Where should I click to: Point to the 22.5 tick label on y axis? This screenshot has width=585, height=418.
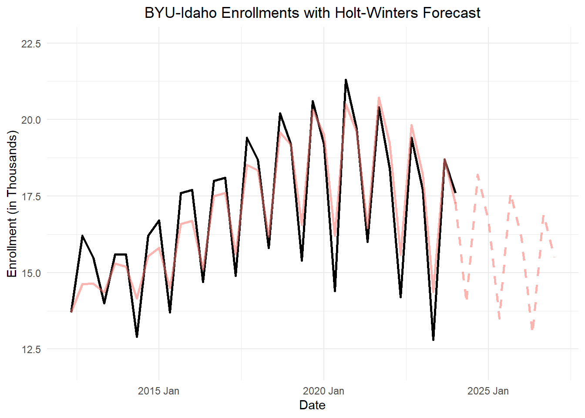point(31,44)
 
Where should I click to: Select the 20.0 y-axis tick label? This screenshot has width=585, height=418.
point(31,120)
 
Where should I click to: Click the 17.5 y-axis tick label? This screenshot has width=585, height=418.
point(31,196)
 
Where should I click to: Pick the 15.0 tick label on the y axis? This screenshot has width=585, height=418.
point(31,273)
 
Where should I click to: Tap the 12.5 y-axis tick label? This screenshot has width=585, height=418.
point(31,349)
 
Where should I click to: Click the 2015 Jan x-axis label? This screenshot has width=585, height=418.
point(158,391)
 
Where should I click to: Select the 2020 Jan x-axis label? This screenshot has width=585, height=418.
point(323,391)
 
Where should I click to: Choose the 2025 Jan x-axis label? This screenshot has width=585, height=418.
point(488,391)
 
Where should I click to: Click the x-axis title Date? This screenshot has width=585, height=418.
point(312,405)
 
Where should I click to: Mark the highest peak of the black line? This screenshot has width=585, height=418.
point(346,80)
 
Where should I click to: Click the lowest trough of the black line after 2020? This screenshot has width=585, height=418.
point(434,340)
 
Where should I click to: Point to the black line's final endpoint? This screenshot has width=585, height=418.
point(455,192)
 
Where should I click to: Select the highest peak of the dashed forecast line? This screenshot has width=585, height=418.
point(477,175)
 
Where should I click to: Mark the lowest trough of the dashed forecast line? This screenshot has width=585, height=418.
point(532,329)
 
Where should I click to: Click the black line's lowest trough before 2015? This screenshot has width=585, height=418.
point(137,337)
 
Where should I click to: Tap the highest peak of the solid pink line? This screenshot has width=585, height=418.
point(379,98)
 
